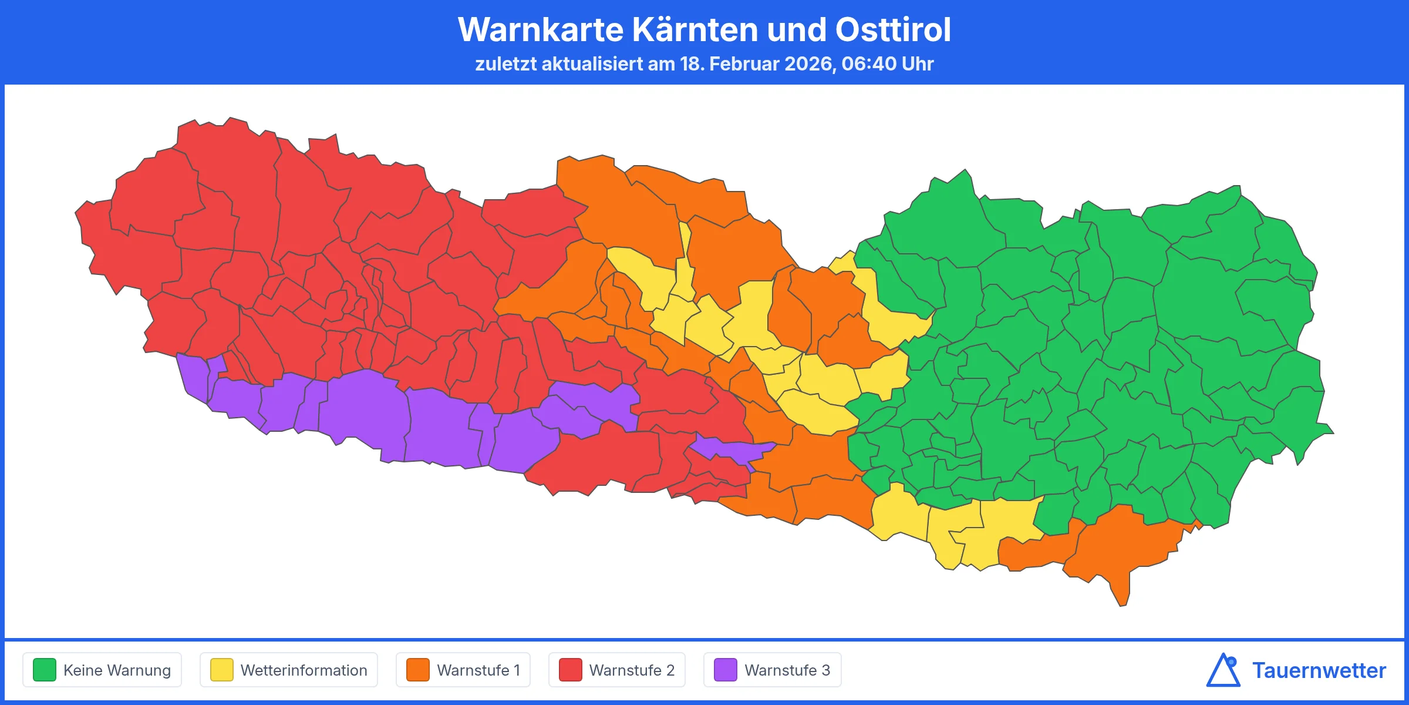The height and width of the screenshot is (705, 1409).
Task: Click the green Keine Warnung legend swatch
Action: pos(45,670)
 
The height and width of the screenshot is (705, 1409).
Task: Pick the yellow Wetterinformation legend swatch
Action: pos(222,670)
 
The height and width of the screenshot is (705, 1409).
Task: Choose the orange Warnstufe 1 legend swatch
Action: pos(418,670)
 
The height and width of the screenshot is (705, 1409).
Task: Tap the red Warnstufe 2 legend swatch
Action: pos(570,670)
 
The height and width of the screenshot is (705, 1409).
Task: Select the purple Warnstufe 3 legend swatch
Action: pos(726,670)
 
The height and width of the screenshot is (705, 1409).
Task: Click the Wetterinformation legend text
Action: pos(304,670)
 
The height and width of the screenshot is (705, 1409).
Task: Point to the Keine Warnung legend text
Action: pos(117,670)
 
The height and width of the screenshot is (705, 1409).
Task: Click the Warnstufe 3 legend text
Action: pos(787,670)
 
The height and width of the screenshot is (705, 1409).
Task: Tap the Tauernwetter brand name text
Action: pos(1319,670)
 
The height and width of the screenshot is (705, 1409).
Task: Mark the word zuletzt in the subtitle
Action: pos(505,63)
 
